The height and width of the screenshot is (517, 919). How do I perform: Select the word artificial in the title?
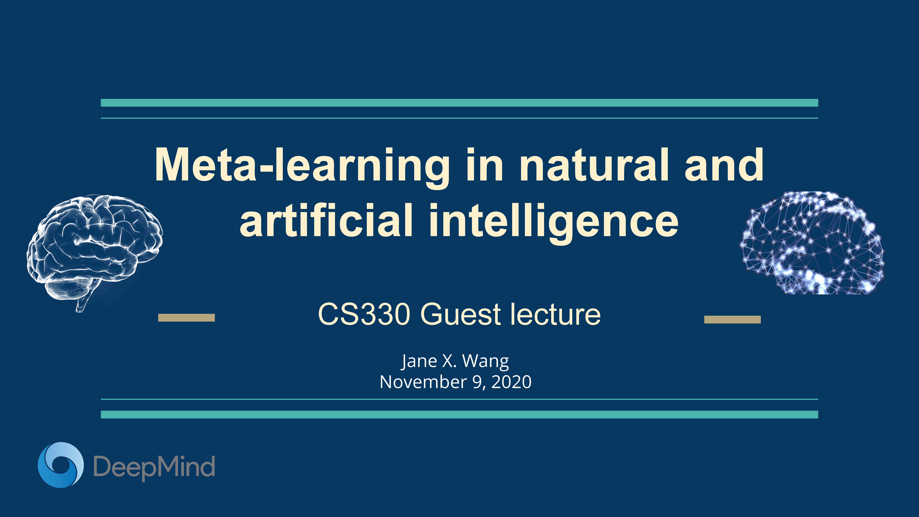point(326,219)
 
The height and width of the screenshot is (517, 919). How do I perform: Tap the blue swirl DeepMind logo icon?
point(61,465)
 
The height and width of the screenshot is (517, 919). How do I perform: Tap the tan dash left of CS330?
point(186,318)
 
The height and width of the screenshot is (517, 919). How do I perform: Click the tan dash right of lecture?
point(732,319)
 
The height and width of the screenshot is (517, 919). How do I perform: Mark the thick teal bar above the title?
point(459,103)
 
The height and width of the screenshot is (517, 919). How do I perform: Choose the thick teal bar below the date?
point(459,414)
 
